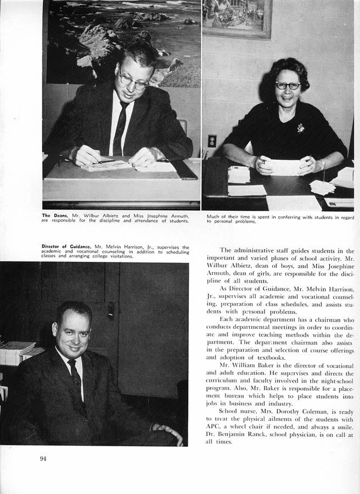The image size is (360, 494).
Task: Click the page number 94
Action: (x=43, y=459)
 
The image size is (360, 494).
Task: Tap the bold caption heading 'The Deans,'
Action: (x=54, y=216)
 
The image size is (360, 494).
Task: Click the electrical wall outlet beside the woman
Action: (x=212, y=141)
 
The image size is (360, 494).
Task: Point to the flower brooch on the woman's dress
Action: (x=301, y=128)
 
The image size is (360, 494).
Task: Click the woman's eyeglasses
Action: (x=288, y=86)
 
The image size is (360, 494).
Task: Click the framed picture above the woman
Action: (x=237, y=18)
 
